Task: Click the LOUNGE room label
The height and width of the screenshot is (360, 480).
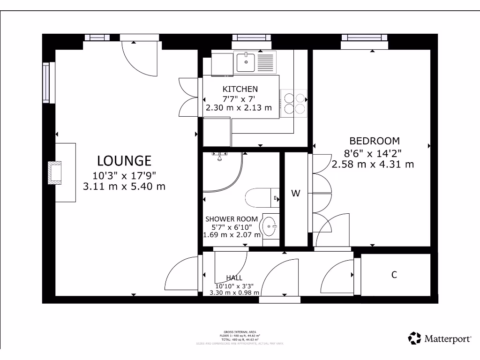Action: point(124,161)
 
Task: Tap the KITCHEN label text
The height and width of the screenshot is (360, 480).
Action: point(240,89)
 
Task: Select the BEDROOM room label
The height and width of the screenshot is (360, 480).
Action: point(375,141)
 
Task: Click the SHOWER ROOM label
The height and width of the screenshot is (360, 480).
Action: point(232,219)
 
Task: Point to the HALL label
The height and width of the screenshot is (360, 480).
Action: point(234,277)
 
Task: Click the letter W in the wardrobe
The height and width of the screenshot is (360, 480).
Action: point(296,193)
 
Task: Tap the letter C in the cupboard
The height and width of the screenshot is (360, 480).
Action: point(394,275)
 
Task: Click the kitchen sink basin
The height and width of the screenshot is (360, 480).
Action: point(245,61)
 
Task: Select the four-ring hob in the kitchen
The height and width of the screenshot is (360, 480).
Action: point(293,103)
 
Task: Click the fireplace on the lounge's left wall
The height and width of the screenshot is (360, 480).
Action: point(55,172)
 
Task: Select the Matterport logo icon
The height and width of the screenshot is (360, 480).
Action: point(414,338)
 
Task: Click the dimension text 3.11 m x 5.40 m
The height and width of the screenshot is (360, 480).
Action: point(124,187)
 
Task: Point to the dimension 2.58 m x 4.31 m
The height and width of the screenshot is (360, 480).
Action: point(373,165)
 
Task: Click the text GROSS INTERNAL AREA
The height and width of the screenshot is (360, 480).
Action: point(240,332)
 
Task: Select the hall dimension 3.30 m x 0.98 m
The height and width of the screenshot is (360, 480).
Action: point(234,292)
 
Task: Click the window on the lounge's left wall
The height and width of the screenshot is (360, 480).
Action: point(46,82)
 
